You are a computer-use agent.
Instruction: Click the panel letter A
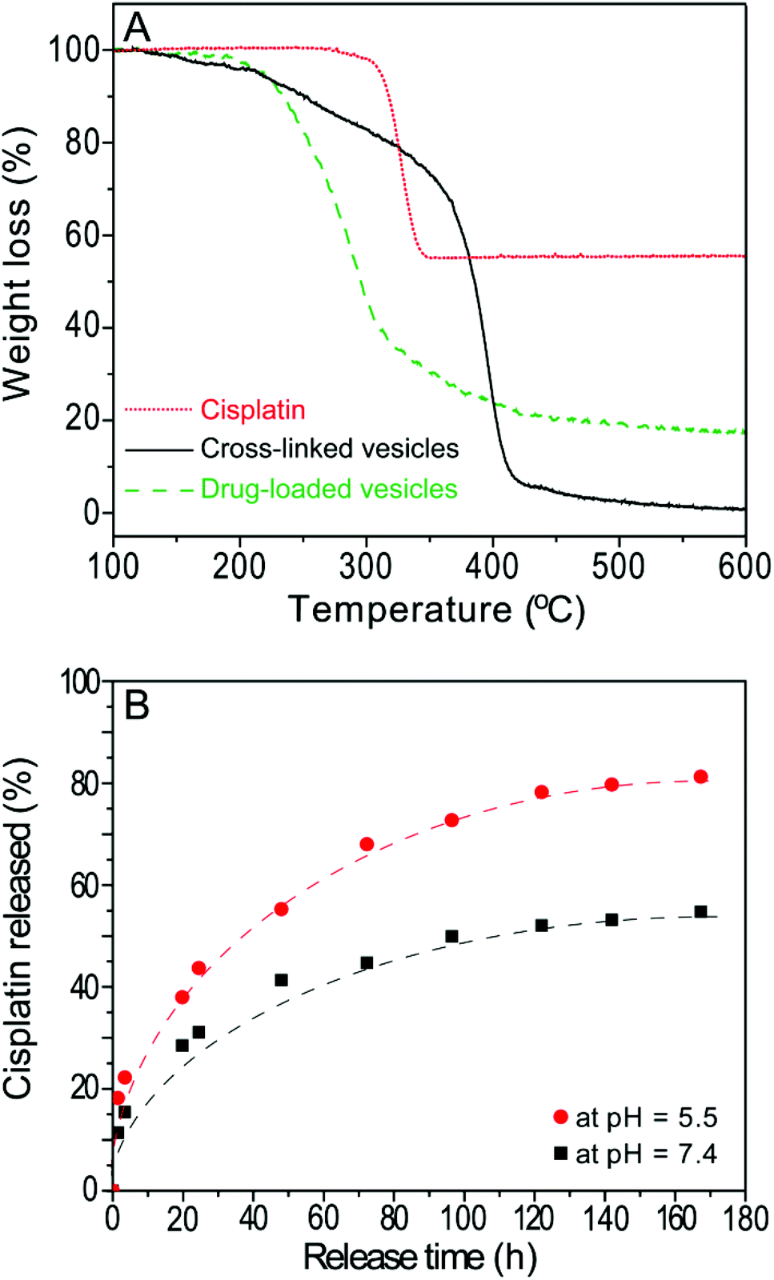137,28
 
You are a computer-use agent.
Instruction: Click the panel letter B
137,706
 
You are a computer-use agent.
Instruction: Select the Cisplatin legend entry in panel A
252,410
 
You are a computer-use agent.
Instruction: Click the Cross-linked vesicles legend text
329,448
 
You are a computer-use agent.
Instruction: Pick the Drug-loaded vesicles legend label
328,488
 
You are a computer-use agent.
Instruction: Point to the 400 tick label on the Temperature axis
491,566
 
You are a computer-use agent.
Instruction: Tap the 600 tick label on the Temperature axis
744,566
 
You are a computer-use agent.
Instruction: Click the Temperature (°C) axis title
436,610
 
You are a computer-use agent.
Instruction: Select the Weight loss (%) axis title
18,264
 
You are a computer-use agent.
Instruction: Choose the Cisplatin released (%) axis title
18,928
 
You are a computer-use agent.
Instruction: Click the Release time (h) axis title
419,1258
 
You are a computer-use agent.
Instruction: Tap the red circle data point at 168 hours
701,777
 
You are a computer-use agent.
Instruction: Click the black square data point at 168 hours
701,912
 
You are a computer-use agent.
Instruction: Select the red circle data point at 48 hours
281,909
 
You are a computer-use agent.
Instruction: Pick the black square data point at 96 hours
451,936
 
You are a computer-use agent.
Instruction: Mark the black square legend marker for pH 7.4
560,1154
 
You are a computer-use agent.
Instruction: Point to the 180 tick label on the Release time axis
744,1219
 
